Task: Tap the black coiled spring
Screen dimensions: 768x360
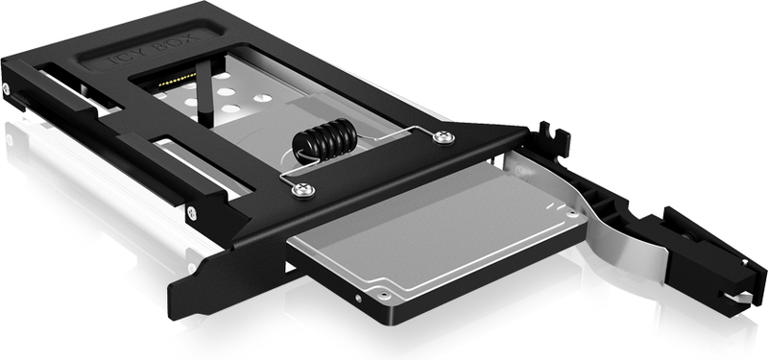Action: (324, 139)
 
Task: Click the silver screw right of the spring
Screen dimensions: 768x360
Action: (444, 136)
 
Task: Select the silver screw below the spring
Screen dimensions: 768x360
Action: (303, 189)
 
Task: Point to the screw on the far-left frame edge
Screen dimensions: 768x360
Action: (6, 88)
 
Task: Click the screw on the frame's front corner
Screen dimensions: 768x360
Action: (192, 212)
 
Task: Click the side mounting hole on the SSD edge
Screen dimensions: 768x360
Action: (359, 298)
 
